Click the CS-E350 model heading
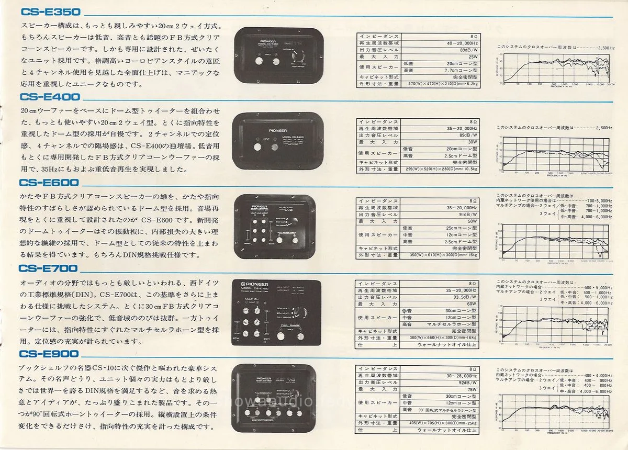tap(49, 12)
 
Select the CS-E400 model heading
tap(50, 97)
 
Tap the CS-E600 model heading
tap(49, 183)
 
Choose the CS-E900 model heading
tap(49, 354)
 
